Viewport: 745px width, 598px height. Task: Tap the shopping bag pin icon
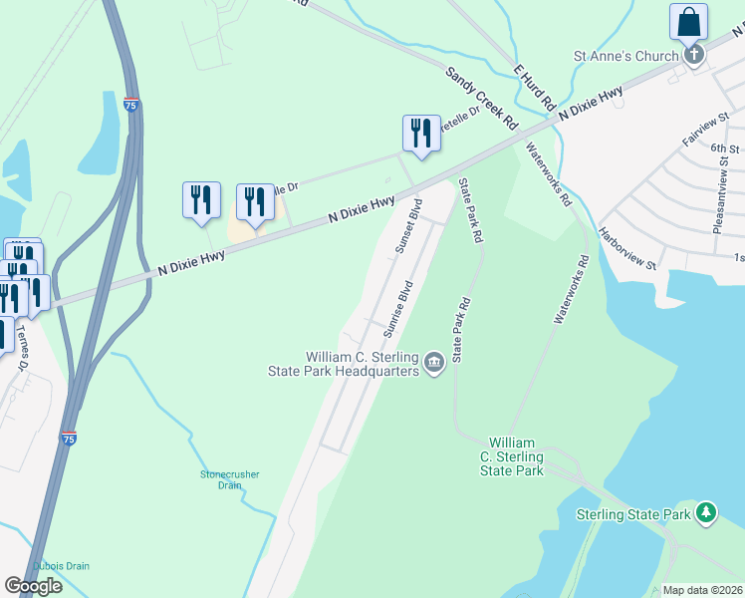688,22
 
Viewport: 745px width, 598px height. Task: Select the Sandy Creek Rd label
483,99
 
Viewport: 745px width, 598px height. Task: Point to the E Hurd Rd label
534,87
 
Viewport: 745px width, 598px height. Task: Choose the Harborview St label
627,249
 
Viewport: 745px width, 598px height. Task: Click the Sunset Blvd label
408,228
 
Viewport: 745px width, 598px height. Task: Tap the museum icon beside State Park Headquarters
433,363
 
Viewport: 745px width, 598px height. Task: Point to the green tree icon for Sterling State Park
706,513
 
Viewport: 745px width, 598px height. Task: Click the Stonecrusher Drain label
229,479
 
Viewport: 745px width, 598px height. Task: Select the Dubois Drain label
61,566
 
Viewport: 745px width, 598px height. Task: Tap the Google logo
33,586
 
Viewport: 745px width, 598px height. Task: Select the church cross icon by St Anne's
695,56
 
